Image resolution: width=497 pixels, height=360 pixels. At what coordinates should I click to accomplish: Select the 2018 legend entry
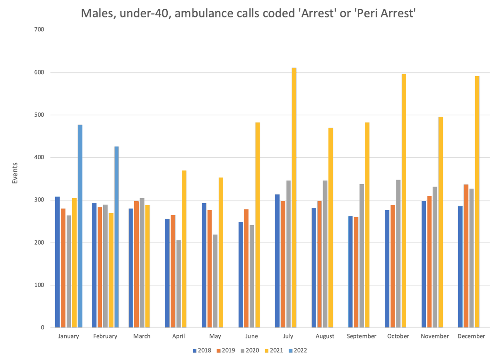(202, 350)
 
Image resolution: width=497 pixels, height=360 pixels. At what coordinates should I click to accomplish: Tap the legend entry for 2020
(249, 350)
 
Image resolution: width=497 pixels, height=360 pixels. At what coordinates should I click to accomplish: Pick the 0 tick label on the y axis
(43, 328)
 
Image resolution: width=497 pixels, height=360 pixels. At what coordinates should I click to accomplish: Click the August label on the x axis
(325, 336)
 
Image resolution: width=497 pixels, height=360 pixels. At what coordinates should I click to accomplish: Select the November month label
(434, 336)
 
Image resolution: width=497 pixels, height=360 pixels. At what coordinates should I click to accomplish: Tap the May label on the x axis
(215, 336)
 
